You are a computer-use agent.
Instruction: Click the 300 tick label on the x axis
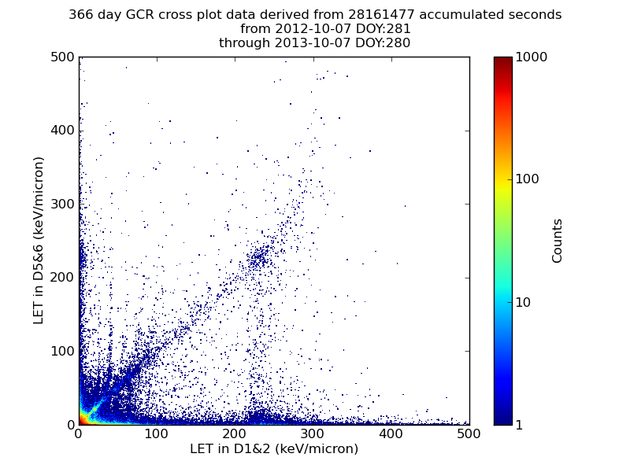click(x=313, y=434)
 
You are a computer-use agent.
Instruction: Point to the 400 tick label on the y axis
click(x=63, y=131)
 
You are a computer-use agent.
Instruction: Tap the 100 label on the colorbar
click(x=527, y=179)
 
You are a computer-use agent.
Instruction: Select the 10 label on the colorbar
click(x=523, y=302)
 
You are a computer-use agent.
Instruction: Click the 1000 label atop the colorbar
click(x=531, y=57)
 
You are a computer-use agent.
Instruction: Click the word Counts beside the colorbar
click(x=557, y=241)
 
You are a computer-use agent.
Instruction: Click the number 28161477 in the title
click(x=381, y=14)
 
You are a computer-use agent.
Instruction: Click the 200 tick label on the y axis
click(x=63, y=278)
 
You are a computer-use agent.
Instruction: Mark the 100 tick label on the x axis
click(x=156, y=434)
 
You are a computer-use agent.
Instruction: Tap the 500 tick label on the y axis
click(x=63, y=57)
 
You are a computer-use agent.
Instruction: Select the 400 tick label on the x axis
click(x=391, y=434)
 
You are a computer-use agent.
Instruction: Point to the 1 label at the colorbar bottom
click(x=519, y=425)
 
